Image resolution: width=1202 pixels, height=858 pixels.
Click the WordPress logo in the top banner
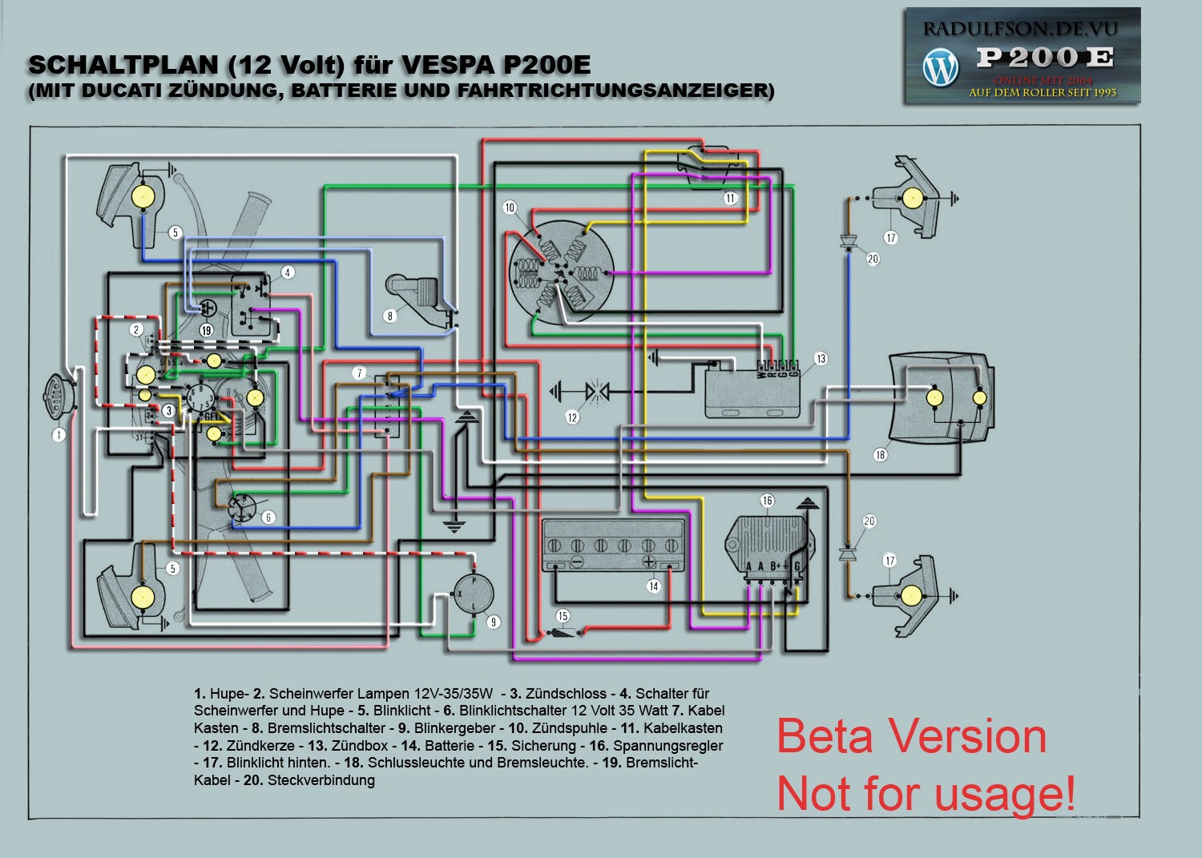[x=940, y=67]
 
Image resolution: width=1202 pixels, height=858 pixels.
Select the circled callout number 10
[x=510, y=207]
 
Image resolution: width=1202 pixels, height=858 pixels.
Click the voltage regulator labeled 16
[x=765, y=546]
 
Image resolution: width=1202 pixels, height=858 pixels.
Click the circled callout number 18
[x=880, y=455]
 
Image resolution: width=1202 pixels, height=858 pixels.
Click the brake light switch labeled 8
[x=413, y=297]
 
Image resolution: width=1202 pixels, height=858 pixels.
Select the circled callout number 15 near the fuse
[x=563, y=616]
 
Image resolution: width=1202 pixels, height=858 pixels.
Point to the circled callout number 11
[x=729, y=198]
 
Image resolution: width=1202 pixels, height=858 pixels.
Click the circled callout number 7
[x=360, y=373]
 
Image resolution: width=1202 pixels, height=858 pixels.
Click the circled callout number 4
[x=287, y=272]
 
